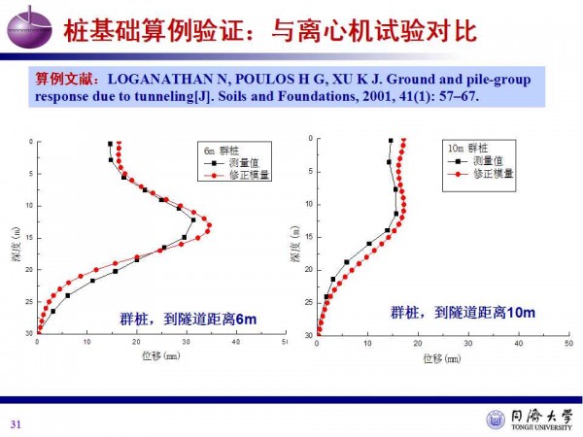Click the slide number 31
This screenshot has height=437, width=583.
(15, 422)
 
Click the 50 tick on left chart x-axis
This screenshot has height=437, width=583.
(284, 343)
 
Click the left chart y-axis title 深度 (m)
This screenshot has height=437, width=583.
(16, 237)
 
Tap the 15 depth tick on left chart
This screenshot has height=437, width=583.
(30, 237)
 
